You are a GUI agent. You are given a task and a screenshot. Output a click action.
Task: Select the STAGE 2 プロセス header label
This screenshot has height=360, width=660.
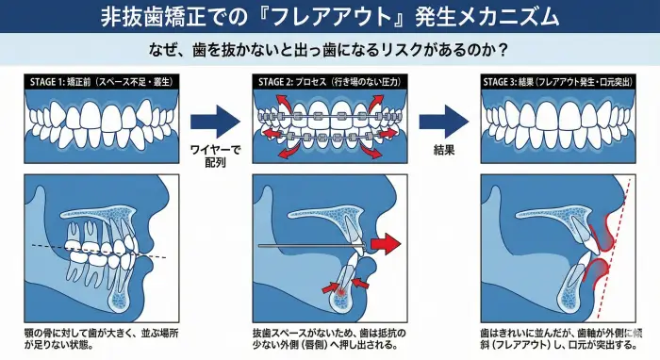[x=323, y=82]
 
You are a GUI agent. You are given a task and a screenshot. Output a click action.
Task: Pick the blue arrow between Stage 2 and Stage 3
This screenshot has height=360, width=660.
[x=441, y=121]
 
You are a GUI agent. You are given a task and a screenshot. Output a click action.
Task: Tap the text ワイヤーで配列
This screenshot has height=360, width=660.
[x=216, y=155]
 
